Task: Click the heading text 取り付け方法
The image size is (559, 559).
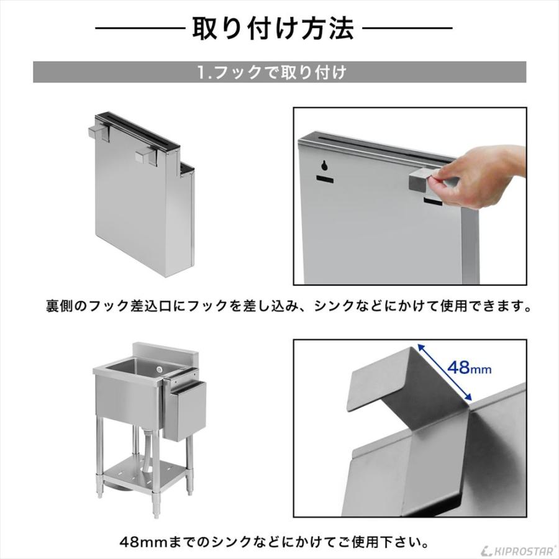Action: tap(273, 28)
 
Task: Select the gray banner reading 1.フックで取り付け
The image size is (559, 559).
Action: tap(279, 72)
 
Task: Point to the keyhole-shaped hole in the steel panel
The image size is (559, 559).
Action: tap(324, 166)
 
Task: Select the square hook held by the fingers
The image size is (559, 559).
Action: tap(421, 181)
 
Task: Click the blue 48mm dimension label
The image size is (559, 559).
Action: tap(469, 369)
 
